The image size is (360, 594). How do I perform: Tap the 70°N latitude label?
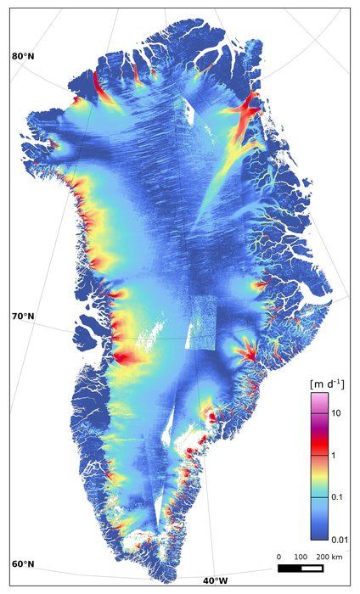pos(23,317)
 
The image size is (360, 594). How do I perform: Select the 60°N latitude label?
pos(23,564)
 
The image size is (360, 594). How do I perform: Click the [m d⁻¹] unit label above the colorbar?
pos(326,384)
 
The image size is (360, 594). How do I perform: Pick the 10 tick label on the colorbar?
pos(336,412)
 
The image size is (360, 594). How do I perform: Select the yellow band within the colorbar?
pos(319,468)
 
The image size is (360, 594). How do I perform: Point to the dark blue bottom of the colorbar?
pos(319,533)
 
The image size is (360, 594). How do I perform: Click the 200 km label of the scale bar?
pos(330,557)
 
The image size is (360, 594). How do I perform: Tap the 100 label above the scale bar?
pos(301,557)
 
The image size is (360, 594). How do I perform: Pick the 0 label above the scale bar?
pos(279,557)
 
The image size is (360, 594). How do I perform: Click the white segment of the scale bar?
pos(312,568)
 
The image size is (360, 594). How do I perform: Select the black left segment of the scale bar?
pos(290,568)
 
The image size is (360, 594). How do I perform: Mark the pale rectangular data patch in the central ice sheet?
pos(205,322)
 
